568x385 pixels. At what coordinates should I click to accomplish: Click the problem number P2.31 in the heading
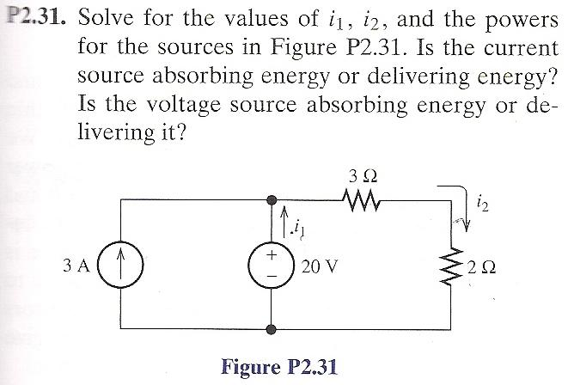pyautogui.click(x=34, y=19)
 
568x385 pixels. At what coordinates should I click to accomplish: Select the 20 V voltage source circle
pyautogui.click(x=272, y=264)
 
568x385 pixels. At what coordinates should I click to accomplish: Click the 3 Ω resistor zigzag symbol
pyautogui.click(x=359, y=200)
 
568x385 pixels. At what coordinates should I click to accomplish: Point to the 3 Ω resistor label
pyautogui.click(x=360, y=176)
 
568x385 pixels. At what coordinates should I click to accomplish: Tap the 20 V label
pyautogui.click(x=320, y=266)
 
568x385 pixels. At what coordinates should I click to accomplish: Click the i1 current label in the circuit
pyautogui.click(x=298, y=229)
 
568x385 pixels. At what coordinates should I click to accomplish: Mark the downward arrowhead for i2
pyautogui.click(x=465, y=223)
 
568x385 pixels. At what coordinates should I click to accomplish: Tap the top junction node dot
pyautogui.click(x=272, y=200)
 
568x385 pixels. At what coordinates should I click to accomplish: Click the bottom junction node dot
pyautogui.click(x=272, y=329)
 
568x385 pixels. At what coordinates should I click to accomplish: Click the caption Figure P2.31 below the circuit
pyautogui.click(x=279, y=366)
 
